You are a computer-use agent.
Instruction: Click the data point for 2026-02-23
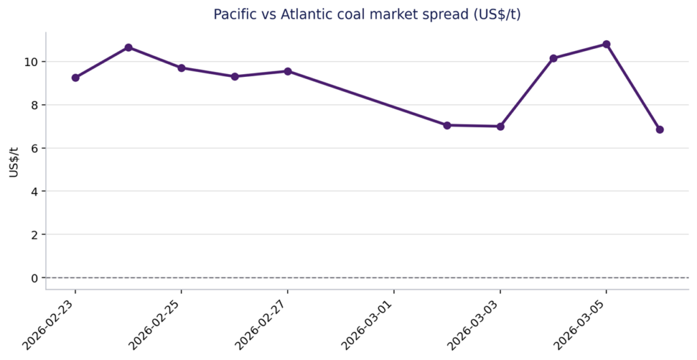click(76, 78)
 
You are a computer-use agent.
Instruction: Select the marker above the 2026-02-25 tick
click(182, 68)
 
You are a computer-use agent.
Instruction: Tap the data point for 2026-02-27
click(288, 71)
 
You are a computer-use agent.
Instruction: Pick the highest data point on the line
click(606, 44)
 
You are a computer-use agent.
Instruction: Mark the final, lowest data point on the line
click(660, 129)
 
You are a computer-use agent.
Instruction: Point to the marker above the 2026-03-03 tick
click(500, 127)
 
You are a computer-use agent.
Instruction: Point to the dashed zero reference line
click(368, 278)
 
